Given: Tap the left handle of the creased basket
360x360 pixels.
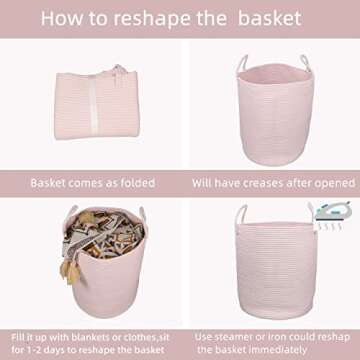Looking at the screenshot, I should coord(243,64).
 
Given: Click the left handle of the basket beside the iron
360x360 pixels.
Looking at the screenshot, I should coord(241,217).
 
